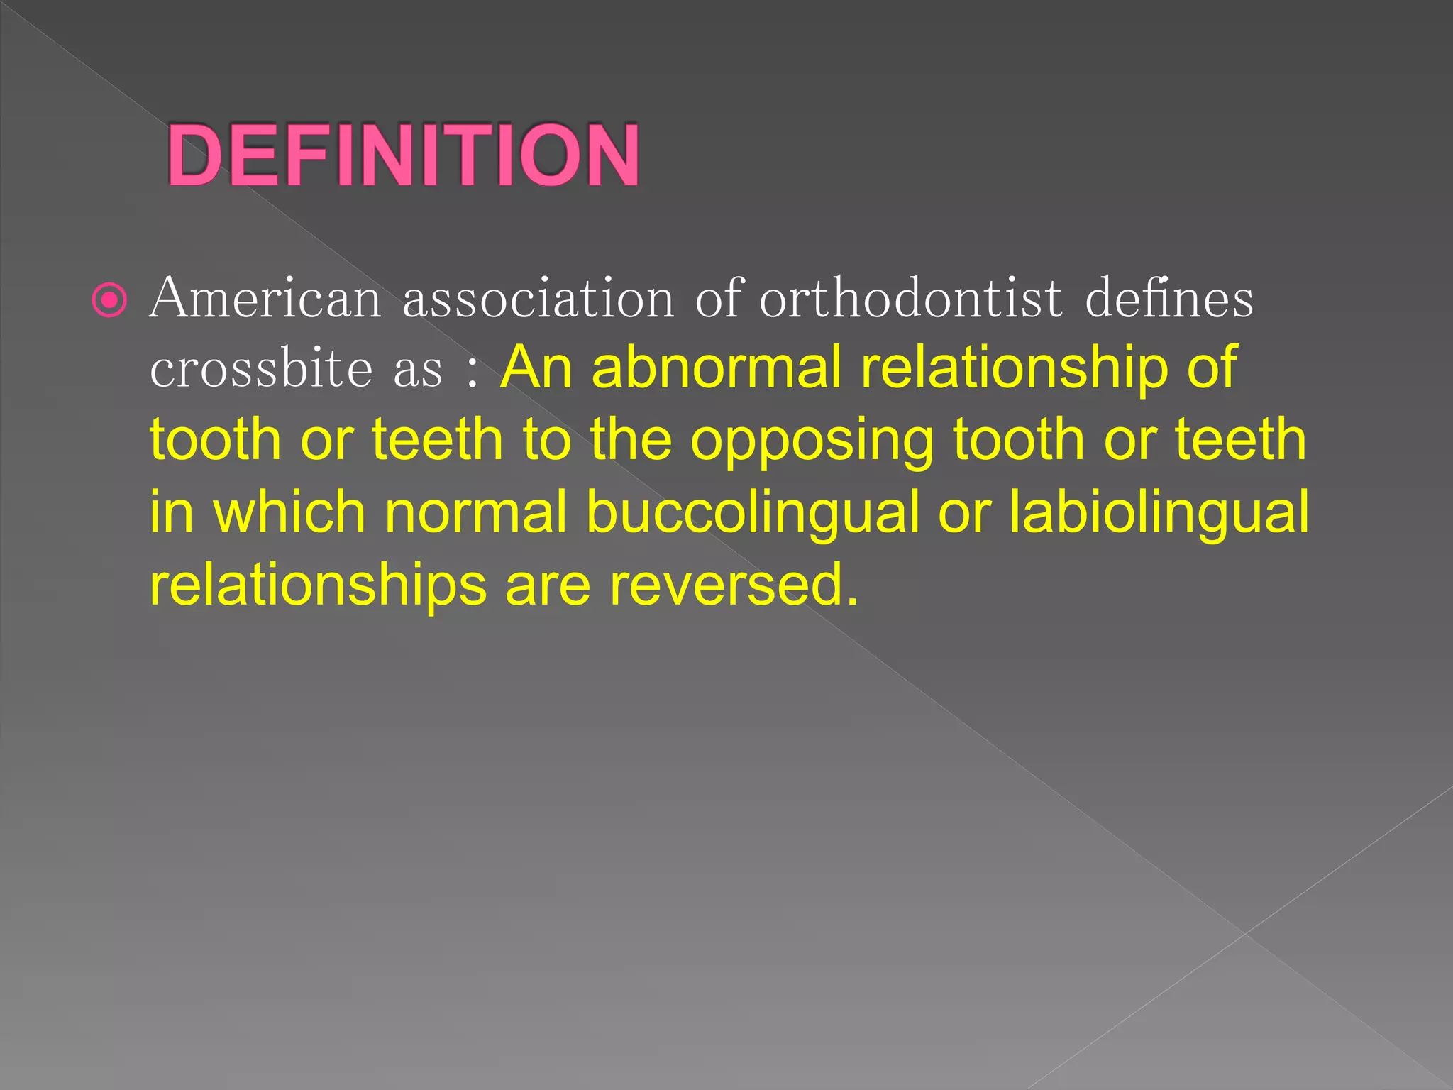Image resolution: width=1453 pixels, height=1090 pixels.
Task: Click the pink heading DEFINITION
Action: coord(403,155)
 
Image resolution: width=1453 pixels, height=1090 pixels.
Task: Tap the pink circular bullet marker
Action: coord(110,301)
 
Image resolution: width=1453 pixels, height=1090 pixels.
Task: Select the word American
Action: coord(265,299)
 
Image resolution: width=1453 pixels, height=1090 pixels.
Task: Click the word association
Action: coord(538,299)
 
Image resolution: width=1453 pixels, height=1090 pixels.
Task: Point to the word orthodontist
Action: coord(911,299)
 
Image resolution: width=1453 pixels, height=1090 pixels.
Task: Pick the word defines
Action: coord(1169,299)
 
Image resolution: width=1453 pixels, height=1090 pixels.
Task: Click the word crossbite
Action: coord(261,369)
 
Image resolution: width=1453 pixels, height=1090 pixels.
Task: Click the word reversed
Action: coord(734,585)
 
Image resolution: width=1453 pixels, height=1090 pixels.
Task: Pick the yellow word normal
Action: coord(476,512)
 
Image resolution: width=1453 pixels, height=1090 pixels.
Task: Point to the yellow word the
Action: coord(631,440)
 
